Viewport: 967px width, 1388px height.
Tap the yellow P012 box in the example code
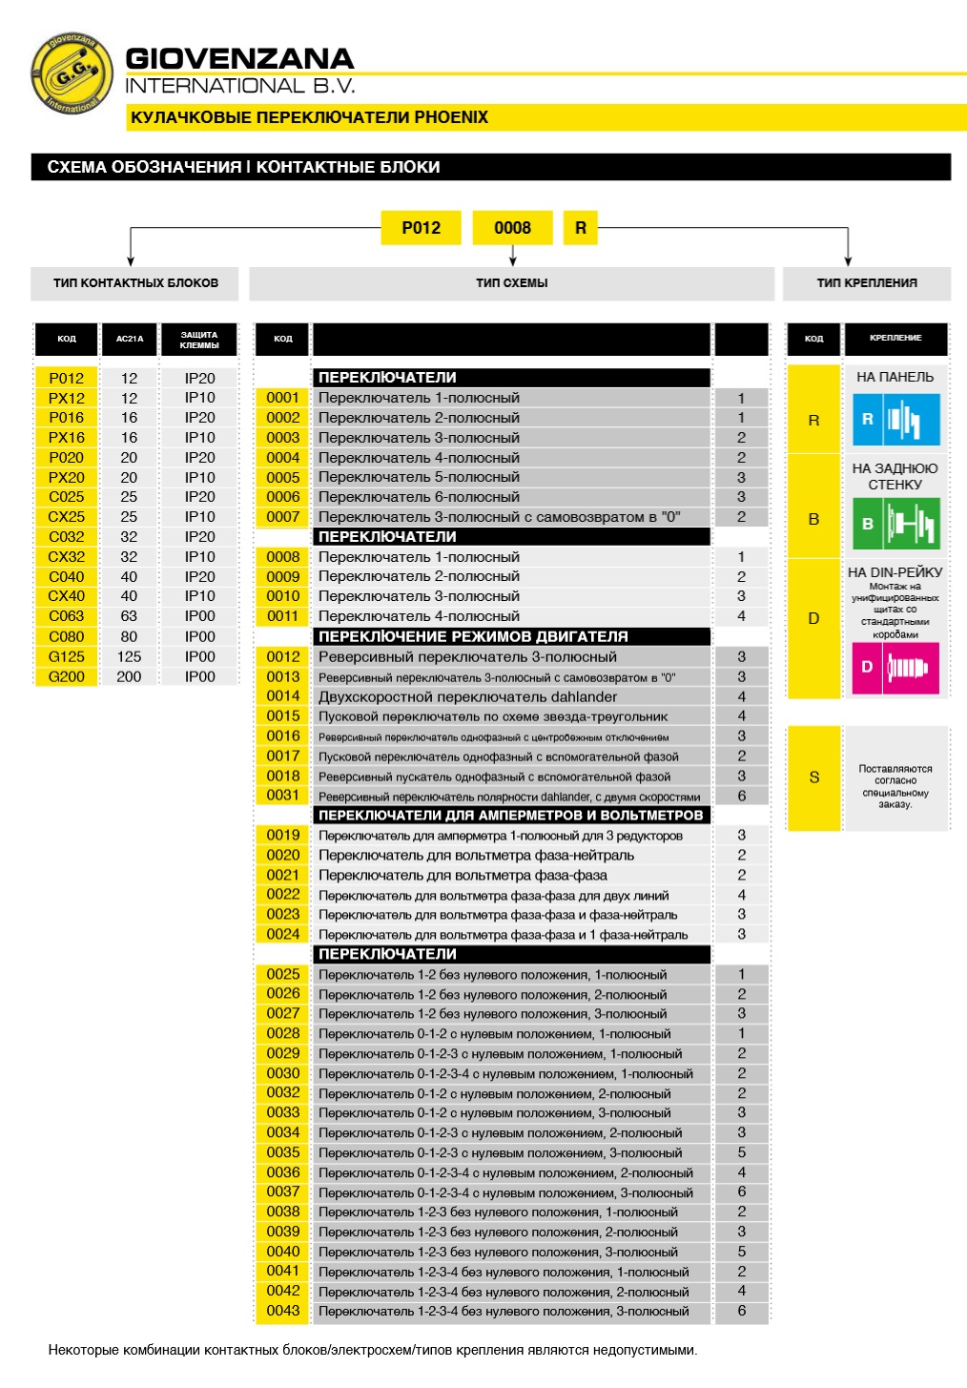421,228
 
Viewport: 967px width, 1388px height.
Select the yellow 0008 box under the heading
512,228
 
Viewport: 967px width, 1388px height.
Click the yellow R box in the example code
581,228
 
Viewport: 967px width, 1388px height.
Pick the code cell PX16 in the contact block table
67,438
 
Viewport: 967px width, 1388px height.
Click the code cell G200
67,677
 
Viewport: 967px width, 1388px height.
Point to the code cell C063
67,616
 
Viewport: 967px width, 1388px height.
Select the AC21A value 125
129,657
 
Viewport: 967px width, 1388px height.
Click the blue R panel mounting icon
895,419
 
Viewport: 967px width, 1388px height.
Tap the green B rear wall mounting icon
895,524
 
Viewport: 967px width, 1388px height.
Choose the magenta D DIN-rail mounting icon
895,667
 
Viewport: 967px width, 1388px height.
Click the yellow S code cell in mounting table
813,777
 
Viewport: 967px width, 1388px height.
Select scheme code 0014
283,696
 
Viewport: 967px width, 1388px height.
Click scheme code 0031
283,796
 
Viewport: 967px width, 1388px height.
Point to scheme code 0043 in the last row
283,1311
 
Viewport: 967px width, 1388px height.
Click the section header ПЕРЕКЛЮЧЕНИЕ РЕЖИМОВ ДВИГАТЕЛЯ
473,636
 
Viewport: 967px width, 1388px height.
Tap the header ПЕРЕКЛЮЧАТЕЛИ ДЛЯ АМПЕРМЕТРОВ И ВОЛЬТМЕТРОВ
510,816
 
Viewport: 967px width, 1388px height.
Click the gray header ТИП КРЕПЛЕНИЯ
867,283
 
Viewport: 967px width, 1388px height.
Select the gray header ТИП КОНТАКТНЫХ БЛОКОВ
135,283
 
